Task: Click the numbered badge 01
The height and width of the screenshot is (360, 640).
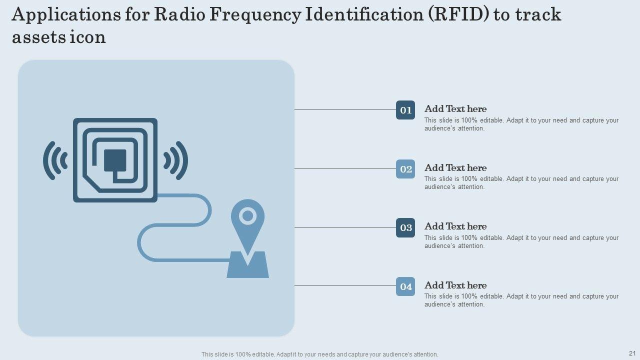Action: [x=405, y=110]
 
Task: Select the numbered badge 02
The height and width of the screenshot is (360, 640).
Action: [x=405, y=169]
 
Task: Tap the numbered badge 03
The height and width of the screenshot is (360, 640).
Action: [x=405, y=228]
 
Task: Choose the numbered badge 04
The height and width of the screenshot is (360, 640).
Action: [x=405, y=286]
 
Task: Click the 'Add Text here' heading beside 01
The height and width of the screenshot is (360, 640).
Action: [x=455, y=109]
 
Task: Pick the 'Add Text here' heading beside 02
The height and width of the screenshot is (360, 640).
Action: [x=455, y=168]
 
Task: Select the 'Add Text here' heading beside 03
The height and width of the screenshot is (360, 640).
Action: [x=455, y=226]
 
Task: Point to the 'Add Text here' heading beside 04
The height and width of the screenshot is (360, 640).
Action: [x=455, y=285]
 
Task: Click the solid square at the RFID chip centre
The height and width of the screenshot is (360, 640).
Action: [x=115, y=159]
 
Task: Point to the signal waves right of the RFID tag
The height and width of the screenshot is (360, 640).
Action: [x=176, y=160]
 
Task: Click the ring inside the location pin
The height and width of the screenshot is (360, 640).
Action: [x=247, y=216]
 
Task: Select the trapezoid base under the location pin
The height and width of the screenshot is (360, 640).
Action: [x=248, y=267]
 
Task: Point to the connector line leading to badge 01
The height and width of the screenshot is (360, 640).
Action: [x=345, y=110]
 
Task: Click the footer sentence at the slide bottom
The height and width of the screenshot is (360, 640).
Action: [x=320, y=354]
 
